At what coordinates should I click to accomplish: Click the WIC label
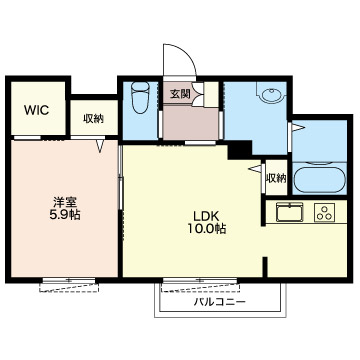click(x=37, y=110)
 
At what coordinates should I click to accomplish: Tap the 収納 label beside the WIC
click(x=94, y=118)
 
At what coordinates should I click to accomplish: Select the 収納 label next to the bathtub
click(x=276, y=179)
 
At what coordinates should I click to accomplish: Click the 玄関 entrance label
click(x=180, y=94)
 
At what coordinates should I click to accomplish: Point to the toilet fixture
click(x=140, y=97)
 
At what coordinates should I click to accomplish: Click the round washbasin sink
click(x=272, y=95)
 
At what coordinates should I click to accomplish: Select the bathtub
click(x=320, y=179)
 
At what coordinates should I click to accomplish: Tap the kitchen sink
click(x=289, y=211)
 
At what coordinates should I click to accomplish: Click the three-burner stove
click(x=324, y=212)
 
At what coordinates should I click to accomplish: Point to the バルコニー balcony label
click(x=220, y=302)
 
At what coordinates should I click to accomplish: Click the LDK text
click(x=206, y=216)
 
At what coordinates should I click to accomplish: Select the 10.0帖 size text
click(x=206, y=229)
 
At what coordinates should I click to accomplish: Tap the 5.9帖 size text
click(x=65, y=215)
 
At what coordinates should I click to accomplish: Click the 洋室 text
click(x=65, y=202)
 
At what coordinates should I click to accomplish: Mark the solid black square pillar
click(x=239, y=149)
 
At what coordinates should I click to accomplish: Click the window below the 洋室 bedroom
click(x=69, y=280)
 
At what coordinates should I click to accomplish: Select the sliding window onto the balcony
click(x=200, y=280)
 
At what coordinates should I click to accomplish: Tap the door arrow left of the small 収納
click(x=255, y=169)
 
